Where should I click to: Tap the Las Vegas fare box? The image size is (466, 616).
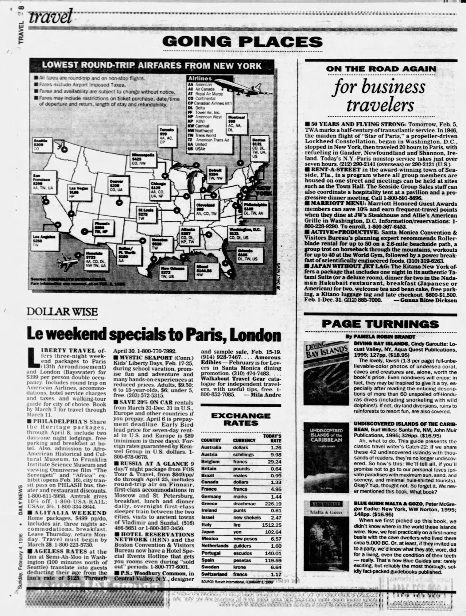tap(79, 192)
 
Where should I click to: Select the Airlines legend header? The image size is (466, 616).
tap(200, 79)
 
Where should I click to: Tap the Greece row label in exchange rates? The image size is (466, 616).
tap(209, 504)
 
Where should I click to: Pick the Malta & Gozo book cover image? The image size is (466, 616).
tap(326, 536)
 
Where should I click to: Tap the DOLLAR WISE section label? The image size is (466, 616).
tap(62, 312)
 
